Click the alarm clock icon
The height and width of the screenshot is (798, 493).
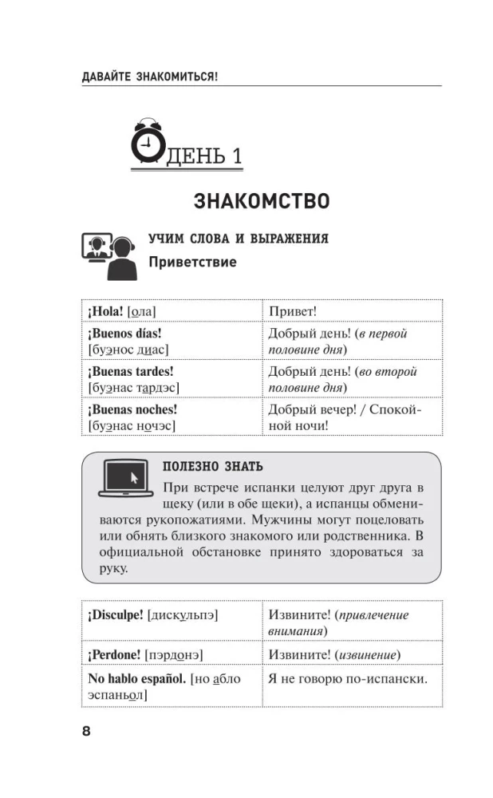coord(146,141)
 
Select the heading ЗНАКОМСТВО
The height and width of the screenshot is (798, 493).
coord(262,200)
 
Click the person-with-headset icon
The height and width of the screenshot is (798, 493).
coord(108,255)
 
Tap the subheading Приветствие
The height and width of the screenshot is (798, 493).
coord(192,262)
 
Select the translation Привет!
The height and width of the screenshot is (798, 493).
coord(293,311)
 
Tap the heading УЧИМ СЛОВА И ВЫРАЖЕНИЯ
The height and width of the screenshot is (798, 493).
coord(239,239)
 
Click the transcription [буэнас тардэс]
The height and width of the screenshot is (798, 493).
coord(133,388)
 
